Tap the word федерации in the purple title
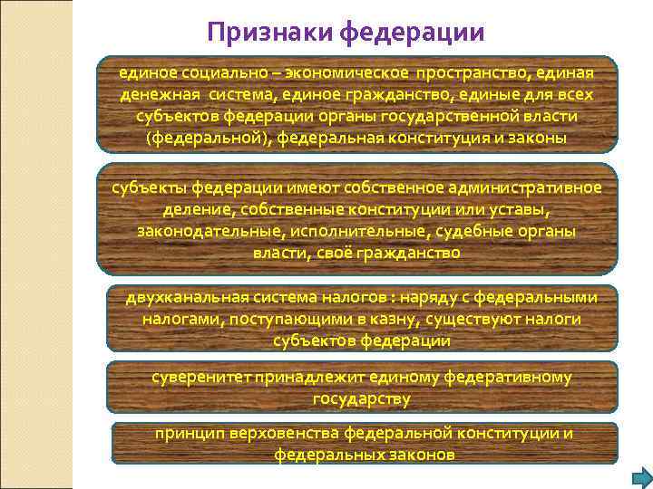(414, 34)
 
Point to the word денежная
(160, 94)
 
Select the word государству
(362, 398)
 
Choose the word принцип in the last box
(184, 433)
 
